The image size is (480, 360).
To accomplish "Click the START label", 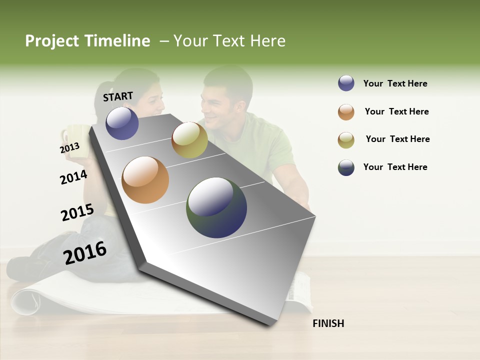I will coord(118,96).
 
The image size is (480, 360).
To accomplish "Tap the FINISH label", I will coord(328,323).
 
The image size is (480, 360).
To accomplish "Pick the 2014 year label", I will coord(73,177).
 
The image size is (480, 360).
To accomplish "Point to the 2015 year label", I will coord(77,212).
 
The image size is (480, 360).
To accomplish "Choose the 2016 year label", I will coord(85,252).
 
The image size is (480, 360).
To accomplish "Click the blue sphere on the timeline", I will coord(122,123).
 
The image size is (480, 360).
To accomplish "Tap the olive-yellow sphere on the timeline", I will coord(189,140).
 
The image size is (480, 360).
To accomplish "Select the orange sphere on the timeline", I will coord(145,180).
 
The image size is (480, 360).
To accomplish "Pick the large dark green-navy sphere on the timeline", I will coord(216,207).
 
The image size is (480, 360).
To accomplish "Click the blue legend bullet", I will coord(346,83).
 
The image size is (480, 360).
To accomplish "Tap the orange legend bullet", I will coord(346,111).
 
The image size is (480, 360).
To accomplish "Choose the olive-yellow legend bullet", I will coord(346,139).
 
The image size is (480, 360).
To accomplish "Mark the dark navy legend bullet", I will coord(346,167).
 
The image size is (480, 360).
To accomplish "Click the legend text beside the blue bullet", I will coord(395,83).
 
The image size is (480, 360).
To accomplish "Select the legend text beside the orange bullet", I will coord(396,111).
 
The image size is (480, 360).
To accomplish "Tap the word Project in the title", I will coord(52,41).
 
